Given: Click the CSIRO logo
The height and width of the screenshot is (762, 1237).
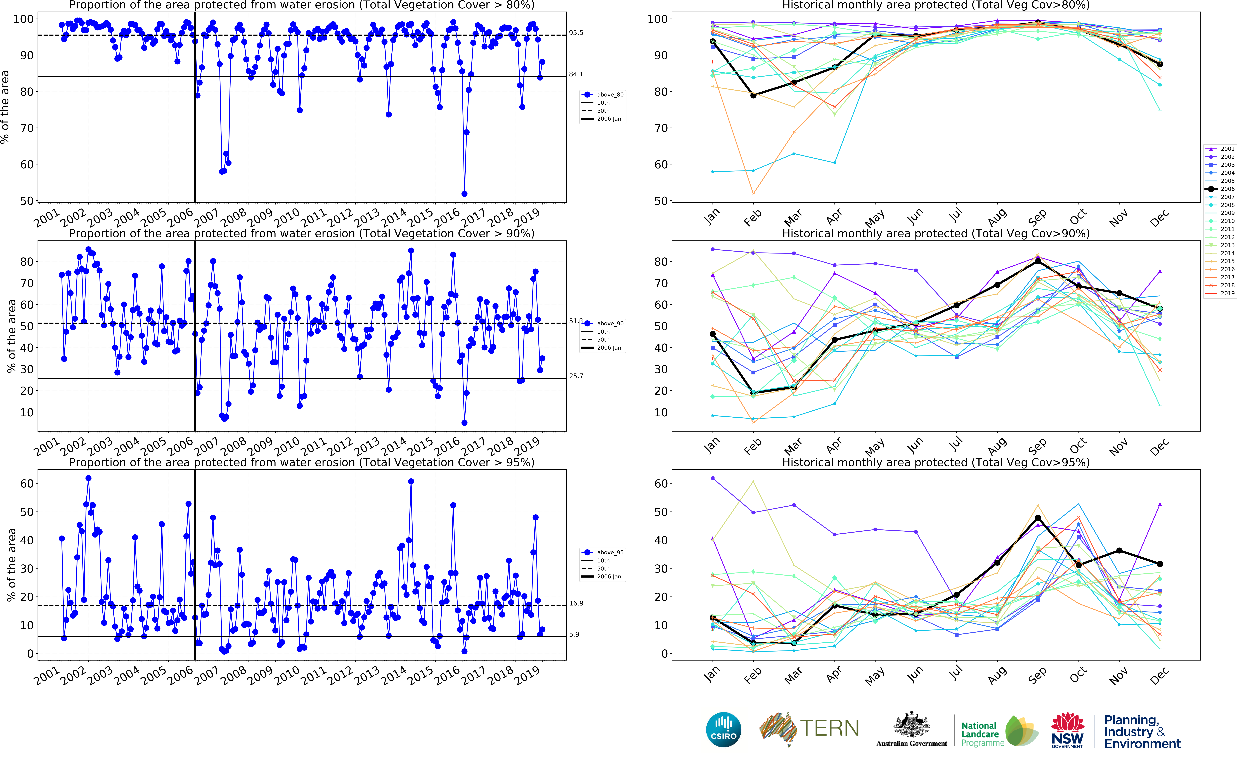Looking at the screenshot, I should click(x=724, y=729).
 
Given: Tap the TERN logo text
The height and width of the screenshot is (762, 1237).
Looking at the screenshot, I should click(x=829, y=728).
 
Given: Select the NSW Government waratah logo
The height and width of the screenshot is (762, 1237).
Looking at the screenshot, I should click(x=1067, y=729).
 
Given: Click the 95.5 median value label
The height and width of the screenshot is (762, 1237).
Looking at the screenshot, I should click(x=576, y=33).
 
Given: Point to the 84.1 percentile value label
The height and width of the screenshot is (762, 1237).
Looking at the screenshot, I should click(x=576, y=74).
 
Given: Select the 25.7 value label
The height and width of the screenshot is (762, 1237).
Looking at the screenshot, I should click(x=576, y=376).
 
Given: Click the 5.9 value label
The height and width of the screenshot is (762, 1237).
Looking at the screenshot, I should click(x=574, y=635).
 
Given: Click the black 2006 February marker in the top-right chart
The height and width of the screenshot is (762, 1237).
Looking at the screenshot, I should click(x=753, y=95).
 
